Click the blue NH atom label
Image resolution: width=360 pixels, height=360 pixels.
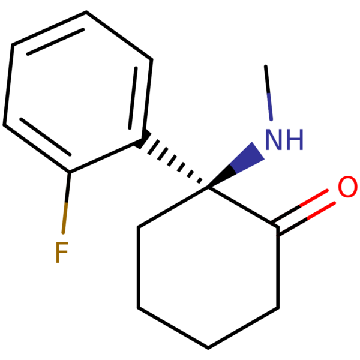pos(284,140)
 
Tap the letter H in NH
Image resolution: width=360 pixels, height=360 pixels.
pos(293,140)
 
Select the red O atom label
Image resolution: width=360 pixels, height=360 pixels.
pos(347,188)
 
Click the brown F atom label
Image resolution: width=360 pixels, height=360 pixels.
pos(61,253)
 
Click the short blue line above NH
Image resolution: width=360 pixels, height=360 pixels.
pos(270,107)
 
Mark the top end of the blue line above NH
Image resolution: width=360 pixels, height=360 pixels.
pos(268,94)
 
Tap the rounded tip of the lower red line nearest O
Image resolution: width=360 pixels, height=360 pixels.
pos(333,204)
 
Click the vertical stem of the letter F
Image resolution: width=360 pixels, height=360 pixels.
pos(58,253)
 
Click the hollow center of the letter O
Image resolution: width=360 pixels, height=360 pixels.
pos(347,188)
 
